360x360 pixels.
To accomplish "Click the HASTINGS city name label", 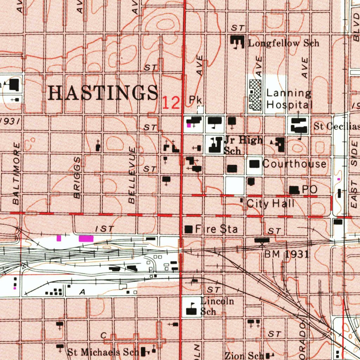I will [x=103, y=93].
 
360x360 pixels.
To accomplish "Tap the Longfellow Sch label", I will [x=283, y=43].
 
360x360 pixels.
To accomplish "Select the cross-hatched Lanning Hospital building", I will [x=255, y=94].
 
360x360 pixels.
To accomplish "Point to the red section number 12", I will [x=171, y=103].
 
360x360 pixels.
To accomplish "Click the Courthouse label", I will [x=294, y=164].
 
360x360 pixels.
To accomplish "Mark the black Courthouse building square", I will [x=255, y=164].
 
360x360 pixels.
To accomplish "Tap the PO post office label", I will [x=309, y=189].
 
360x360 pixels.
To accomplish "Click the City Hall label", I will [x=270, y=204].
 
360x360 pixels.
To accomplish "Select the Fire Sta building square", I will [x=189, y=230].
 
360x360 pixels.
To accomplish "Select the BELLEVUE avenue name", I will [x=132, y=176].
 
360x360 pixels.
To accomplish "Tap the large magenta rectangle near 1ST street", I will [x=86, y=239].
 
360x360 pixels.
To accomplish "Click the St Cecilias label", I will [x=336, y=127].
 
